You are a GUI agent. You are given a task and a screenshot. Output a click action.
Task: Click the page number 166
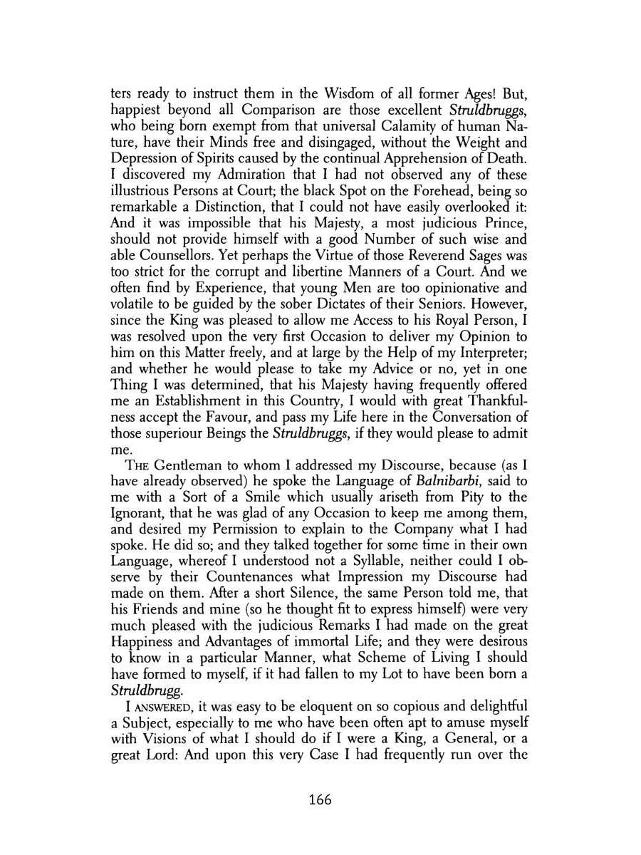[320, 799]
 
